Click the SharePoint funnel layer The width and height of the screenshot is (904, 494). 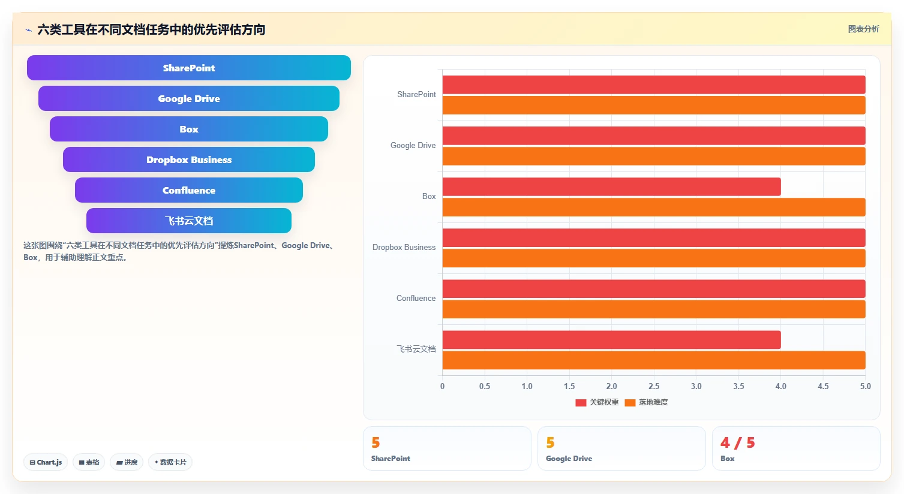[x=189, y=68]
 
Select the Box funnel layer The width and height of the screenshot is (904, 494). [x=189, y=129]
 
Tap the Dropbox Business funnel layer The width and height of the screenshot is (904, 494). [x=189, y=159]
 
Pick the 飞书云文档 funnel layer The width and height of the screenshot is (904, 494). [x=189, y=221]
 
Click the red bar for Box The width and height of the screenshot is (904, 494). [x=611, y=186]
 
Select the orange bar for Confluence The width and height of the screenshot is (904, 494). [x=654, y=309]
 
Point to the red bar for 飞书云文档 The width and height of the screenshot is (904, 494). [x=611, y=340]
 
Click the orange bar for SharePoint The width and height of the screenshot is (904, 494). [x=654, y=106]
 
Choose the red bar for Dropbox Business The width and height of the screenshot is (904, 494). [x=654, y=238]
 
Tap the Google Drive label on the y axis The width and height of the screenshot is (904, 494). [x=413, y=145]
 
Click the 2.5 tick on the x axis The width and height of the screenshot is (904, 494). [x=654, y=386]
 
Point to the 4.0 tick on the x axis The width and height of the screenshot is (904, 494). [x=781, y=386]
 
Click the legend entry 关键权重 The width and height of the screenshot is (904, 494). [x=597, y=402]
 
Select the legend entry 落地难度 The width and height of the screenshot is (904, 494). [x=647, y=402]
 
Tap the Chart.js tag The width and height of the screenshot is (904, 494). [x=46, y=462]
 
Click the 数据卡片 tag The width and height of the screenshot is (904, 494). [x=170, y=462]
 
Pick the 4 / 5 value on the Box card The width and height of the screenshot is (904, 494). [x=738, y=443]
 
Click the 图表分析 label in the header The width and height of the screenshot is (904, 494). [x=864, y=29]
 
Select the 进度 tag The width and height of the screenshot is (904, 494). [x=127, y=462]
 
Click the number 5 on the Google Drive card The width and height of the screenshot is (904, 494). [x=550, y=443]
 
